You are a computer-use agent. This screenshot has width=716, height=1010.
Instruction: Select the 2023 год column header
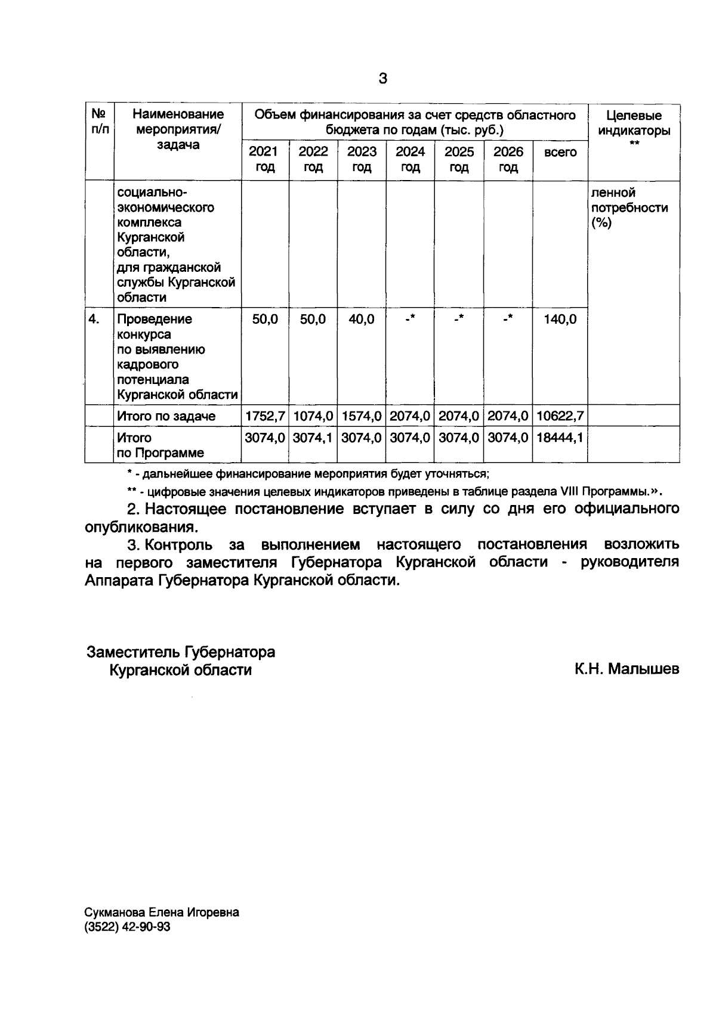pos(362,159)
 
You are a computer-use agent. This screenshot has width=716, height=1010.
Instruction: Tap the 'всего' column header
pos(560,153)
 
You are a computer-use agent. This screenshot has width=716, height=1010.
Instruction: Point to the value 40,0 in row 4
pos(362,320)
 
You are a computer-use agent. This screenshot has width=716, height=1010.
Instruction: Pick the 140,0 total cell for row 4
pos(560,320)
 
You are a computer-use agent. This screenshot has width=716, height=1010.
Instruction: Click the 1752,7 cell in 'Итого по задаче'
pos(265,416)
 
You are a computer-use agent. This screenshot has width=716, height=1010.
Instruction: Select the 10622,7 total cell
pos(560,416)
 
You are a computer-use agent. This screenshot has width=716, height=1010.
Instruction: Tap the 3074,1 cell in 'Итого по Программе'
pos(313,438)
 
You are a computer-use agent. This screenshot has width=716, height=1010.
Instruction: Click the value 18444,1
pos(560,438)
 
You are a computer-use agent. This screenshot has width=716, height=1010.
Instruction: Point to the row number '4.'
pos(94,319)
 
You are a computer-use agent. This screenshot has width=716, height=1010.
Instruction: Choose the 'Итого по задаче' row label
pos(166,416)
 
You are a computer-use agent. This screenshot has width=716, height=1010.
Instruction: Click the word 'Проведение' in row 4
pos(155,319)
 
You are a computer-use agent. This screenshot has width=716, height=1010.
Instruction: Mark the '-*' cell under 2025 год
pos(459,319)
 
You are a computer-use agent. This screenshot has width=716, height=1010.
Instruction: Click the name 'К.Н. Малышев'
pos(626,670)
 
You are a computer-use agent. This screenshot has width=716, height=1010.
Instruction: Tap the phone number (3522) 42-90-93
pos(128,927)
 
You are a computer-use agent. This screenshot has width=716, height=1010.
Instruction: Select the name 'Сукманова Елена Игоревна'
pos(162,913)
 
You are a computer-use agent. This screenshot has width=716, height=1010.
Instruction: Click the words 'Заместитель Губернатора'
pos(181,652)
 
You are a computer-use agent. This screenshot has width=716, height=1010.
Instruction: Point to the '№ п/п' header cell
pos(99,121)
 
